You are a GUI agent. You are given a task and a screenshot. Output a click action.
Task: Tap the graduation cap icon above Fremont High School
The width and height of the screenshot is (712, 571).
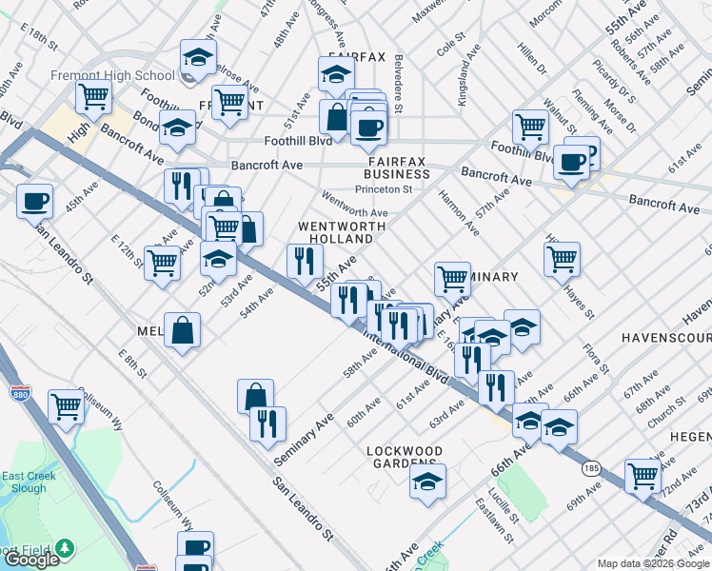pyautogui.click(x=198, y=59)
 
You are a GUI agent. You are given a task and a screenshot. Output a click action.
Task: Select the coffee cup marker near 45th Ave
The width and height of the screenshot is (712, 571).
pyautogui.click(x=35, y=201)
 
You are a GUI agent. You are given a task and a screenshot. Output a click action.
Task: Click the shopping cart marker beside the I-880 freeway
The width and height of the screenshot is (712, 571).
pyautogui.click(x=66, y=406)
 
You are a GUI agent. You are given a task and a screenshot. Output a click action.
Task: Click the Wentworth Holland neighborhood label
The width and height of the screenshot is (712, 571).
pyautogui.click(x=342, y=233)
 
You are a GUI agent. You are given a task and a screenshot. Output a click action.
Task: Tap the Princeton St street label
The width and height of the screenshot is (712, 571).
pyautogui.click(x=383, y=188)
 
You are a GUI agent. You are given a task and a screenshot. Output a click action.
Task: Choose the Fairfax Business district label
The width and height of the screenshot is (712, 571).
pyautogui.click(x=397, y=168)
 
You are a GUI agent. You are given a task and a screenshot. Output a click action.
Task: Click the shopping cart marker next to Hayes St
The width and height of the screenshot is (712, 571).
pyautogui.click(x=562, y=257)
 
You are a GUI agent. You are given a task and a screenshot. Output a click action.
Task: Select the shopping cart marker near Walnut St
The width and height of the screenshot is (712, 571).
pyautogui.click(x=530, y=126)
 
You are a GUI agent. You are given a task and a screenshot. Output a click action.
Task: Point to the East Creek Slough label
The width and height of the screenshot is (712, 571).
pyautogui.click(x=23, y=482)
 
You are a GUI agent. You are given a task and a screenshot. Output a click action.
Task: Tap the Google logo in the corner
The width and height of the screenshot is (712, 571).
pyautogui.click(x=32, y=560)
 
